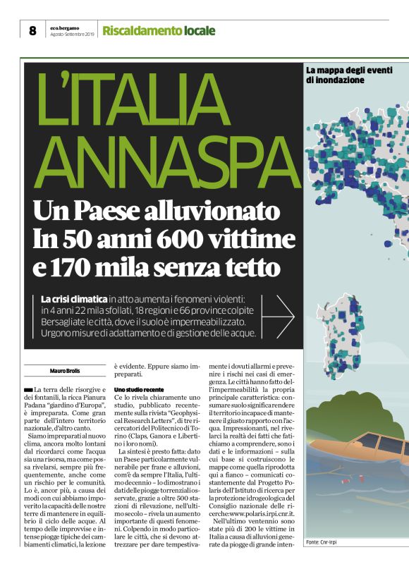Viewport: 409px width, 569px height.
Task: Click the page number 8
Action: pos(32,30)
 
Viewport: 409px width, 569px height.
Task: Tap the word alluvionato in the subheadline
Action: pos(207,210)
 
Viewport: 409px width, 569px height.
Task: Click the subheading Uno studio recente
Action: pos(139,389)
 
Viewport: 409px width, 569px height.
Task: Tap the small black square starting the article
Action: pos(28,390)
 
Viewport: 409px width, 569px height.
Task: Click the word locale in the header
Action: pos(200,30)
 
